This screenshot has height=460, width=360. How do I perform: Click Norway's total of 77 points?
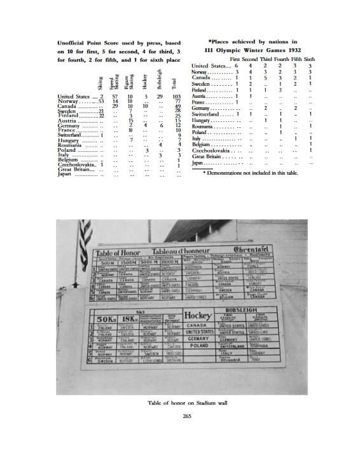point(177,102)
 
